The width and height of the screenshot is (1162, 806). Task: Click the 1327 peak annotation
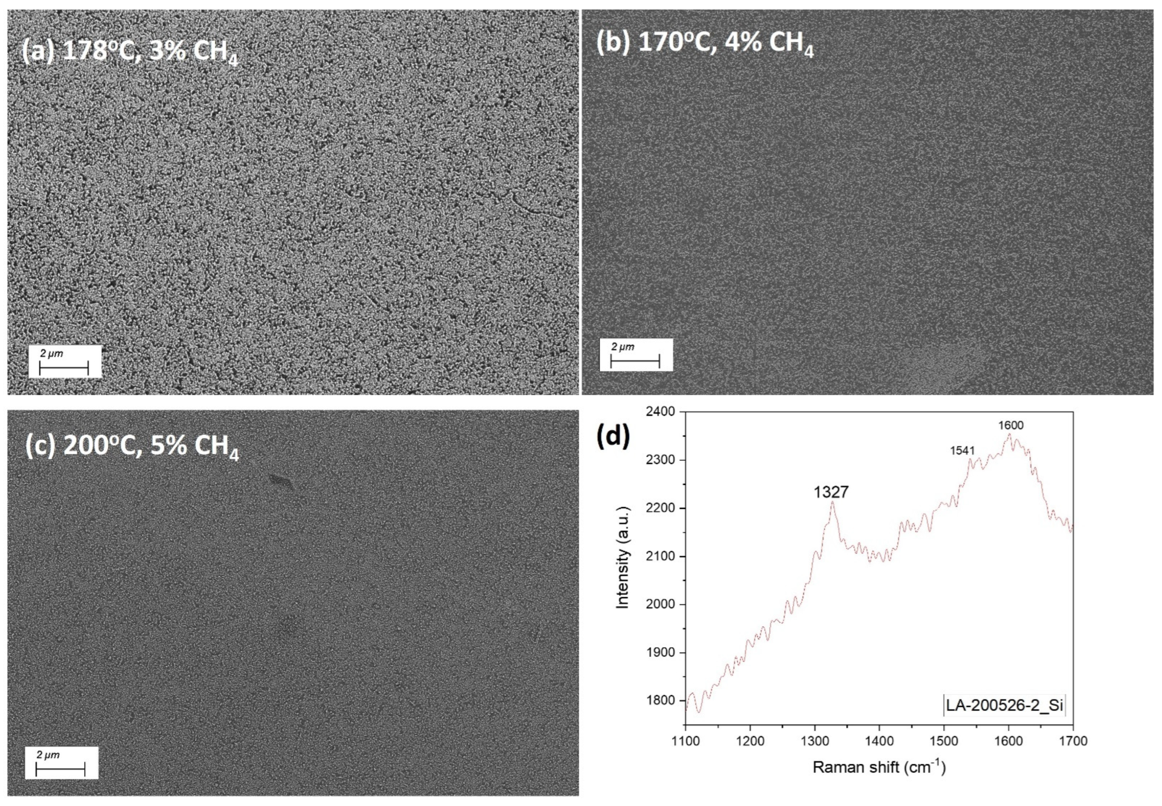point(831,492)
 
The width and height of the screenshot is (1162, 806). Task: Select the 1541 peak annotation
point(962,450)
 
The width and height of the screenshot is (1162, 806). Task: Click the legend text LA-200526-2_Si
point(1005,705)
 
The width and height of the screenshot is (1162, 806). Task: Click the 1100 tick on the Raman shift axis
point(685,741)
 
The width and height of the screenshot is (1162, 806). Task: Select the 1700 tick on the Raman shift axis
point(1073,741)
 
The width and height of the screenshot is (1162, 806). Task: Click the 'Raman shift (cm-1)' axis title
point(879,767)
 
